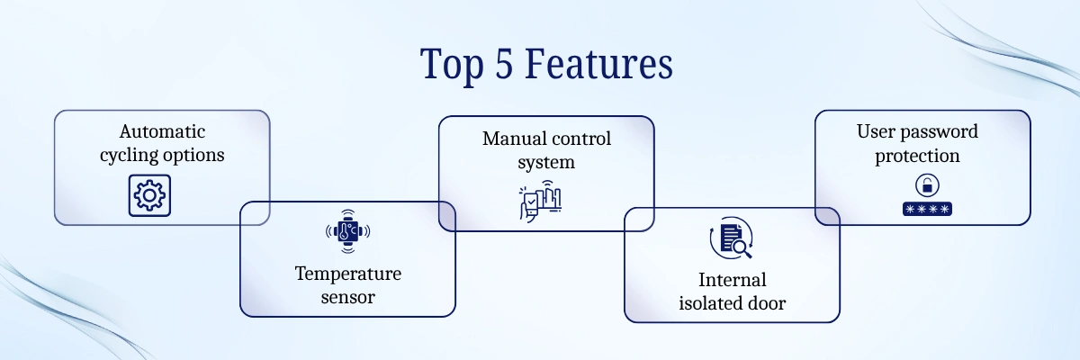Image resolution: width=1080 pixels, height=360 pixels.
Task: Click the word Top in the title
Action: coord(452,66)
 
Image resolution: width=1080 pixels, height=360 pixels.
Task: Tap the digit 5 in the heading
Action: coord(506,66)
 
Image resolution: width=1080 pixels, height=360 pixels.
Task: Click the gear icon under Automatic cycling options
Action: coord(149,196)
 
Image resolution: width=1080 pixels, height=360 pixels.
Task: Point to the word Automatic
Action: coord(162,132)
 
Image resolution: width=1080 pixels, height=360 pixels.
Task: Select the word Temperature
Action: coord(347,274)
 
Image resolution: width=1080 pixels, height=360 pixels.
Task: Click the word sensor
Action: coord(347,296)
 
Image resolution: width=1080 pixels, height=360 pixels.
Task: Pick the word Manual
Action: coord(512,139)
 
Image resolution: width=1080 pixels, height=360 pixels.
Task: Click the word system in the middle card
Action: coord(546,162)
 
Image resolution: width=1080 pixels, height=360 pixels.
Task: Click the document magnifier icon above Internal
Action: coord(732,238)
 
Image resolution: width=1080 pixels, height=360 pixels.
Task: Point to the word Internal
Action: coord(732,280)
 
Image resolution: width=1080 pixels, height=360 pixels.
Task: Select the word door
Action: coord(765,303)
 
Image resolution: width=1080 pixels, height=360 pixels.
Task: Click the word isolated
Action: coord(710,303)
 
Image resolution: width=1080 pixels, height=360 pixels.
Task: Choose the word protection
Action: coord(922,156)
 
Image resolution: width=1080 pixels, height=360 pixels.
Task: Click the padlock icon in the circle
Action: coord(924,186)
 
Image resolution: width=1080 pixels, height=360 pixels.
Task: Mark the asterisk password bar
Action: coord(926,209)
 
